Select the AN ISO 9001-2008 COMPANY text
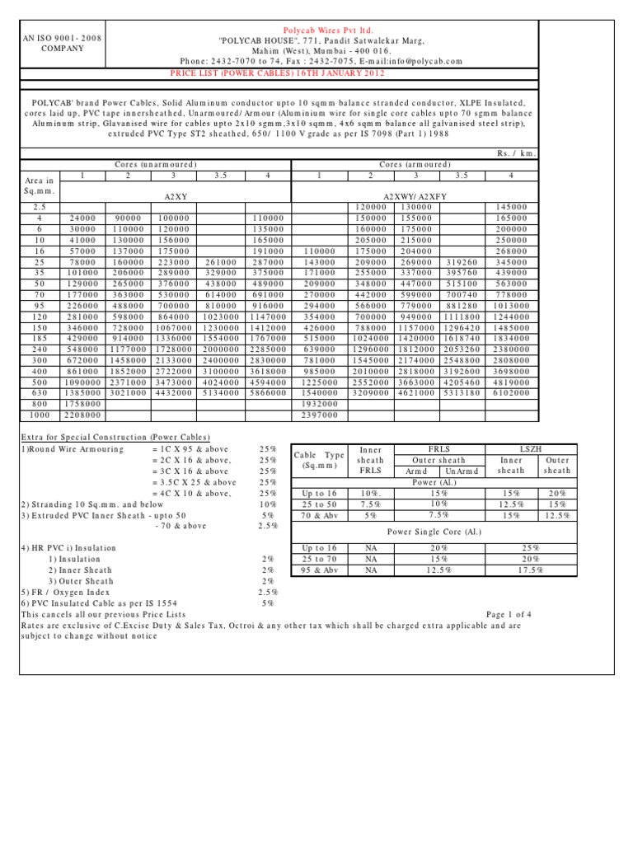[51, 43]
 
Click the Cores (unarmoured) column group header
[156, 165]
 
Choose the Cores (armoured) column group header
[416, 165]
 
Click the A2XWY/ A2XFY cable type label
[415, 197]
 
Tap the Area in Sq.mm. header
[40, 185]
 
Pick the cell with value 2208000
[81, 415]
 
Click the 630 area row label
[39, 394]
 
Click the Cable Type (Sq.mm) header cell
[319, 460]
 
